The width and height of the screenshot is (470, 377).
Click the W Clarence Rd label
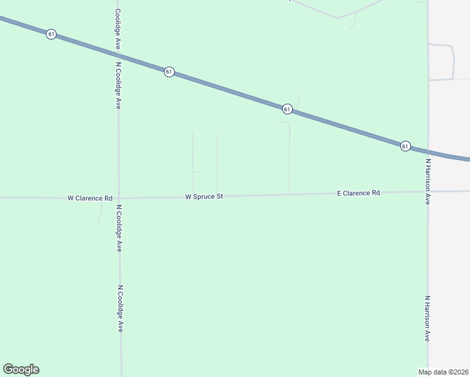pyautogui.click(x=90, y=198)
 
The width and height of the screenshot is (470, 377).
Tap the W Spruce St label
pyautogui.click(x=204, y=197)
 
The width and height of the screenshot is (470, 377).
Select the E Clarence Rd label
pyautogui.click(x=358, y=193)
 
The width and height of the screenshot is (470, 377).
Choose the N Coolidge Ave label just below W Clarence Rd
pyautogui.click(x=118, y=228)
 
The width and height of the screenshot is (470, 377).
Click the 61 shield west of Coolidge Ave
pyautogui.click(x=50, y=34)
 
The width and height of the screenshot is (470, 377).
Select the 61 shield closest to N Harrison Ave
pyautogui.click(x=405, y=146)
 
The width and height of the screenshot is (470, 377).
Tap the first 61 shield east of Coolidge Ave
pyautogui.click(x=169, y=72)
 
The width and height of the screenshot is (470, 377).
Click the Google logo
pyautogui.click(x=21, y=369)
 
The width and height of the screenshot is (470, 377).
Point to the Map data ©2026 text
pyautogui.click(x=444, y=372)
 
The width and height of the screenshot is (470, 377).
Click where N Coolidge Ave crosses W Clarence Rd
pyautogui.click(x=118, y=198)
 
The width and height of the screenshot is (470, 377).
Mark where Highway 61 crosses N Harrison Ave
pyautogui.click(x=428, y=152)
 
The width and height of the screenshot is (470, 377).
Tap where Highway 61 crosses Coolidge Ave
pyautogui.click(x=117, y=55)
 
